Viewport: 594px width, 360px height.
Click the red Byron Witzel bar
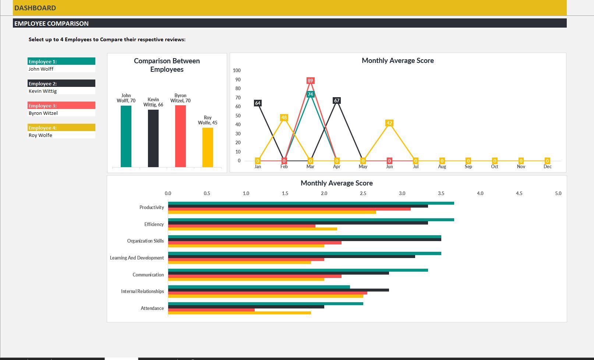click(180, 136)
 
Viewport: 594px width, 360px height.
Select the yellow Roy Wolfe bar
click(208, 147)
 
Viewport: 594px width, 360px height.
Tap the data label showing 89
click(310, 81)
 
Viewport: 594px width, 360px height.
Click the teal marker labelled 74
click(310, 94)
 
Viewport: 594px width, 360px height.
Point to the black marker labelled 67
click(336, 100)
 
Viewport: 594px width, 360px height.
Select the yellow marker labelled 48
click(284, 118)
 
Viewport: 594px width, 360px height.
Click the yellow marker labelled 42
click(389, 123)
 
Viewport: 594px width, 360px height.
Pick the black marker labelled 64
click(258, 103)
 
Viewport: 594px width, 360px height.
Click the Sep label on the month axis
click(468, 167)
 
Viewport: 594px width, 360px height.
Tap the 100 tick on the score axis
click(237, 70)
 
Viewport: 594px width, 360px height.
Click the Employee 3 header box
click(61, 106)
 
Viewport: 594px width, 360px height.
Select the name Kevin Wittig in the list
click(43, 91)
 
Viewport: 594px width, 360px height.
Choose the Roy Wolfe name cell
click(40, 135)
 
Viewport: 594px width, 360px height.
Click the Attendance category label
click(152, 308)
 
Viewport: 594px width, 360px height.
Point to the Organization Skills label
click(145, 241)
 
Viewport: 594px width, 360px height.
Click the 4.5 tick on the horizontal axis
click(519, 193)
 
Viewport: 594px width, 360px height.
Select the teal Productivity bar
click(311, 203)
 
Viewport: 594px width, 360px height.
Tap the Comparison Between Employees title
click(167, 65)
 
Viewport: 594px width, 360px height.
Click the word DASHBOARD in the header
click(35, 8)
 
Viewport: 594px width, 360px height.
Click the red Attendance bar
click(211, 310)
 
